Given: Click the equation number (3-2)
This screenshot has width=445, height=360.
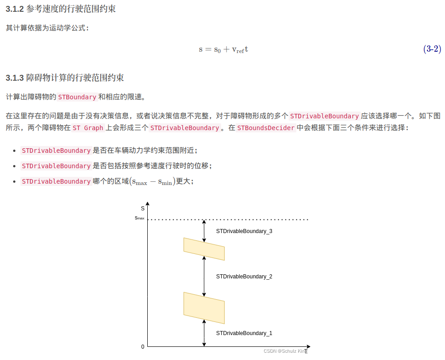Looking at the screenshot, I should coord(432,49).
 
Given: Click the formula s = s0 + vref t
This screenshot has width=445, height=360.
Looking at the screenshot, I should coord(223,49).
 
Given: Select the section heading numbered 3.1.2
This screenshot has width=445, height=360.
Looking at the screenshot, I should coord(61,9).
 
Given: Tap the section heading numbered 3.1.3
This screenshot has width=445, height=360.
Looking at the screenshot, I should coord(65,78).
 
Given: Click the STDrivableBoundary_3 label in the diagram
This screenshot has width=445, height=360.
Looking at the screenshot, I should coord(244,231).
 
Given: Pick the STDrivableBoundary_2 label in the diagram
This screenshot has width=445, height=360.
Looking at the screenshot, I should coord(244,277).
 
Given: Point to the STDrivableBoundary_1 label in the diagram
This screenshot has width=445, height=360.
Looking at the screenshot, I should coord(244,333).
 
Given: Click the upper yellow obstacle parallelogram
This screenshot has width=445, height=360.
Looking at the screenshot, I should coord(204,249).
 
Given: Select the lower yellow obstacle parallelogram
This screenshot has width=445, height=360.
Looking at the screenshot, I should coord(204,308).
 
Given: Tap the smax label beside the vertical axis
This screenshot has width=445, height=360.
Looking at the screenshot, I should coord(140,218).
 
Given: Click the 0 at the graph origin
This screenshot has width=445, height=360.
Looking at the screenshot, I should coord(143,347).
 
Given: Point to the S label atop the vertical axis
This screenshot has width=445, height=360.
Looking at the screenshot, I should coord(143,209).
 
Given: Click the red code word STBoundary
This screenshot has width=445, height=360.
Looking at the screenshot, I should coord(77,97).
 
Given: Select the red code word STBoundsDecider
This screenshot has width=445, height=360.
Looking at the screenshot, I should coord(266,128).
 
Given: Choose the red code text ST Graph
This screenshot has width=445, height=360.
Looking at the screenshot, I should coord(88,128).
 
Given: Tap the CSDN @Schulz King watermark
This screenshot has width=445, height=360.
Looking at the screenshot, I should coord(285,351).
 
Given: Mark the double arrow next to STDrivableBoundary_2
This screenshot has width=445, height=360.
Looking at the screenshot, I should coord(204,276).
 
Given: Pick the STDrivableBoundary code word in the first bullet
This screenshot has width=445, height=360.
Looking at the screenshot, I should coord(56,151).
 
